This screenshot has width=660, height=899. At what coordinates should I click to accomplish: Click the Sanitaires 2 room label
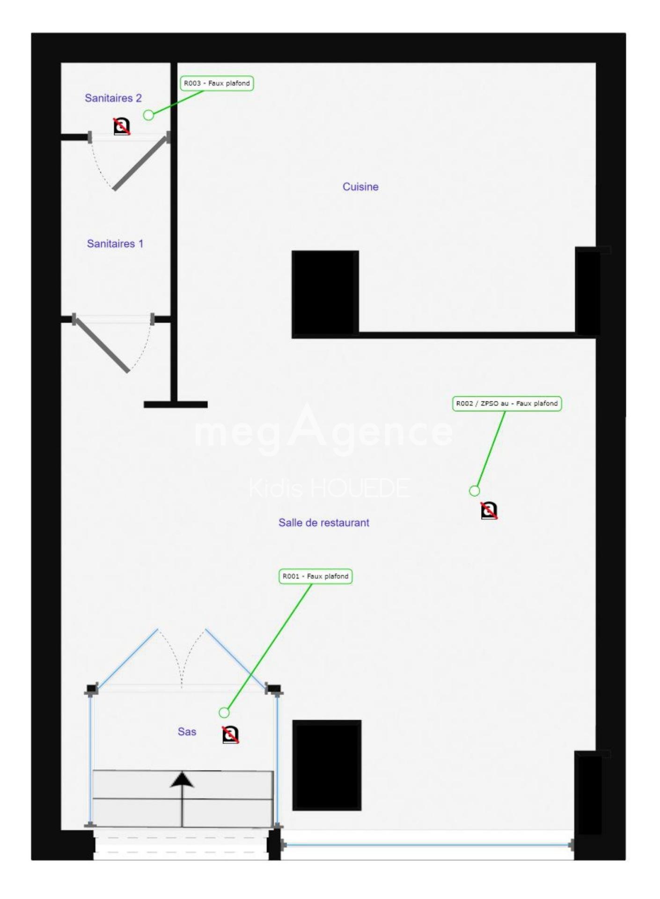click(113, 98)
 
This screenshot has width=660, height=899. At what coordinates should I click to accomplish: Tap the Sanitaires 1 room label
click(115, 243)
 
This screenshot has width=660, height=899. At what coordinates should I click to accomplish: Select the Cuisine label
click(360, 187)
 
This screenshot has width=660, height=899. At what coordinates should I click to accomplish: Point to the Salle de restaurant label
click(324, 523)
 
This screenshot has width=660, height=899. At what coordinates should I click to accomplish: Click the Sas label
click(187, 731)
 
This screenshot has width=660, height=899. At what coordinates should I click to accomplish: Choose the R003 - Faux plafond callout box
click(217, 83)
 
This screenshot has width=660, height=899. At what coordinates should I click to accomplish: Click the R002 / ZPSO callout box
click(507, 404)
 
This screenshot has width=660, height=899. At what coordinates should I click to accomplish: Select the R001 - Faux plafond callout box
click(315, 576)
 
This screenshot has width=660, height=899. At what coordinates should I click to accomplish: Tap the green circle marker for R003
click(148, 115)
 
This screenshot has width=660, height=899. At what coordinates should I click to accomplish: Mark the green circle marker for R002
click(475, 491)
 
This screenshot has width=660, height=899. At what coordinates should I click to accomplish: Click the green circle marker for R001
click(224, 713)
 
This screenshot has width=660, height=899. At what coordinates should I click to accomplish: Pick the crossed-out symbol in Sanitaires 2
click(122, 126)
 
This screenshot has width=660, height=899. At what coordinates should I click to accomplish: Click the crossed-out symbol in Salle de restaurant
click(489, 510)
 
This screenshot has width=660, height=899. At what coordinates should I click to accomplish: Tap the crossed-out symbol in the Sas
click(230, 735)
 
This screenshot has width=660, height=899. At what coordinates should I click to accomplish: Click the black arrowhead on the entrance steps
click(182, 780)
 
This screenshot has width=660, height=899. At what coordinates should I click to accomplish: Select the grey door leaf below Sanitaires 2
click(140, 163)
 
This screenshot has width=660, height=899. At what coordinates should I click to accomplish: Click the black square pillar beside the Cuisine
click(325, 293)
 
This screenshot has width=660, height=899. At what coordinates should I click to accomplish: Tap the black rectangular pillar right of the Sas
click(327, 766)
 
